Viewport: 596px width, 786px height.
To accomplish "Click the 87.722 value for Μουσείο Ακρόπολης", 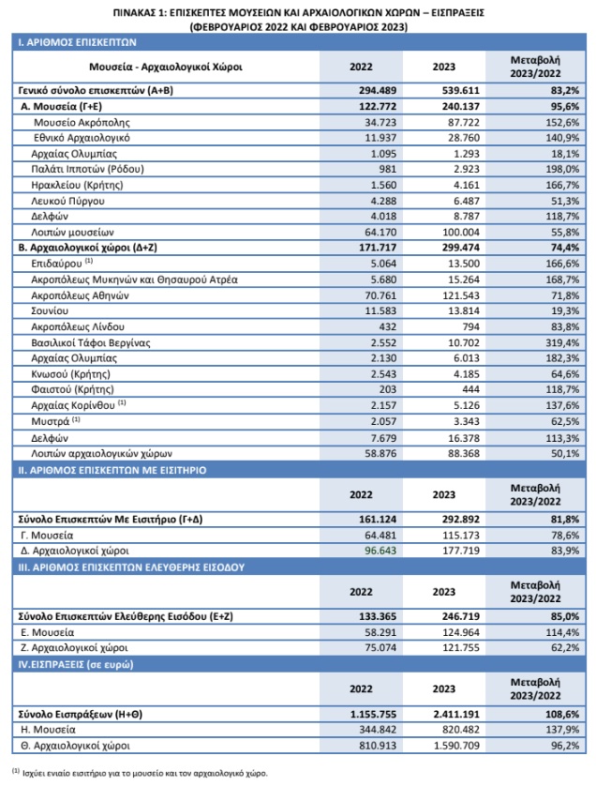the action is point(463,122).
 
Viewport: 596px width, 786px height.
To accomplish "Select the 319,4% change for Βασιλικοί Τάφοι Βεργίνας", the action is point(562,343).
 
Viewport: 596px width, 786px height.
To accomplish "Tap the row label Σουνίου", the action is point(50,310).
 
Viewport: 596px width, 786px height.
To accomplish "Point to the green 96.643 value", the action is point(380,551).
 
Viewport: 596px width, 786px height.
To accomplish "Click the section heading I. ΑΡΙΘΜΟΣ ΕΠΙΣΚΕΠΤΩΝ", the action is point(77,42).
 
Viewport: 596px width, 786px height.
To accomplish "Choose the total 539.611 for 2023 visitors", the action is point(461,90).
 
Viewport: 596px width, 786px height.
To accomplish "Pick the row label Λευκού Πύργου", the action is point(67,201).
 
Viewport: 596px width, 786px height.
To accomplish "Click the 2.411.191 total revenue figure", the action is point(456,714).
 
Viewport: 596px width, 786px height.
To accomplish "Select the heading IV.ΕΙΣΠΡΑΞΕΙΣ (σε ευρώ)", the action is point(76,665).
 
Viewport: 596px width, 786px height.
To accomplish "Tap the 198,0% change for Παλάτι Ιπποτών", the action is point(562,169).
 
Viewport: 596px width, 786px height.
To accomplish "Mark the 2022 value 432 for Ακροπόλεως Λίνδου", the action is point(387,326).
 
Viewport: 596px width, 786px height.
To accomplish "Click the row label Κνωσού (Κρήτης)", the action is point(70,374).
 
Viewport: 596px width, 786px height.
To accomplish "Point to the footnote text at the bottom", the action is point(140,773).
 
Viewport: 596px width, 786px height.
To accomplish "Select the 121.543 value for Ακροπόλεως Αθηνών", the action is point(461,295).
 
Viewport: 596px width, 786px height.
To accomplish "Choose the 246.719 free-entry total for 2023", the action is point(461,616).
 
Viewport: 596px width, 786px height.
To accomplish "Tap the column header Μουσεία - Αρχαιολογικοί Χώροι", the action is point(166,67).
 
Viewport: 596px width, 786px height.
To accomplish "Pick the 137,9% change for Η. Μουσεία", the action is point(562,730).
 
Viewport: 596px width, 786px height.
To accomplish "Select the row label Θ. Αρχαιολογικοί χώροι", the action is point(75,746).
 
